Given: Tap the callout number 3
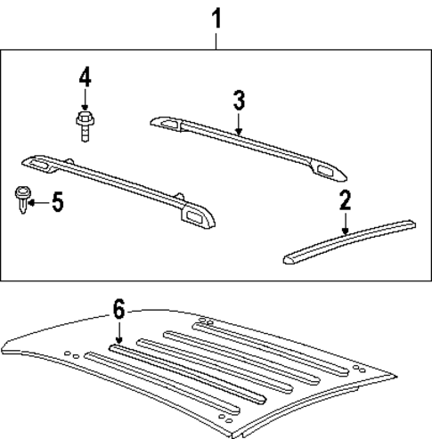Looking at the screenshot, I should pos(239,99).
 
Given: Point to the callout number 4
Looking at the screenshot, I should pos(85,77).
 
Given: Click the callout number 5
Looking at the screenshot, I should pos(56,202).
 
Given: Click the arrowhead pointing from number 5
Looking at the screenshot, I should pos(32,202).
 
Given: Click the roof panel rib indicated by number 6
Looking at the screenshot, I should pos(178,374).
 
